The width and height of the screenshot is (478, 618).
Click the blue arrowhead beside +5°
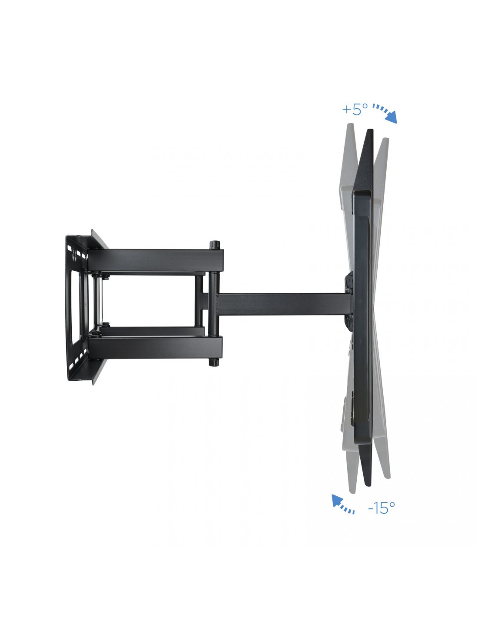(x=391, y=118)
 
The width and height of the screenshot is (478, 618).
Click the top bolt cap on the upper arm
(x=215, y=244)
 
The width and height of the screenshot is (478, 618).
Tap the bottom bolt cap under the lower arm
(x=213, y=362)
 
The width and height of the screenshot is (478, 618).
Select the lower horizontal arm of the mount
(x=155, y=347)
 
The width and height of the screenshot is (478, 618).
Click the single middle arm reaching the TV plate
(x=283, y=304)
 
